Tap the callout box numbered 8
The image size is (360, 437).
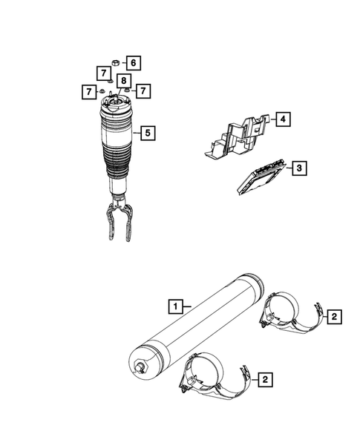(124, 81)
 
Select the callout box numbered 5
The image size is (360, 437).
(148, 134)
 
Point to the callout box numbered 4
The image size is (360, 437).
(283, 118)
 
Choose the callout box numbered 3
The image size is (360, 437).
(297, 169)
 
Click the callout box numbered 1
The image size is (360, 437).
(174, 305)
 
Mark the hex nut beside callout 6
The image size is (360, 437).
(116, 62)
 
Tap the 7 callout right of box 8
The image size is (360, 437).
(143, 91)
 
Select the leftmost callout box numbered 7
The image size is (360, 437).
(88, 91)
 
